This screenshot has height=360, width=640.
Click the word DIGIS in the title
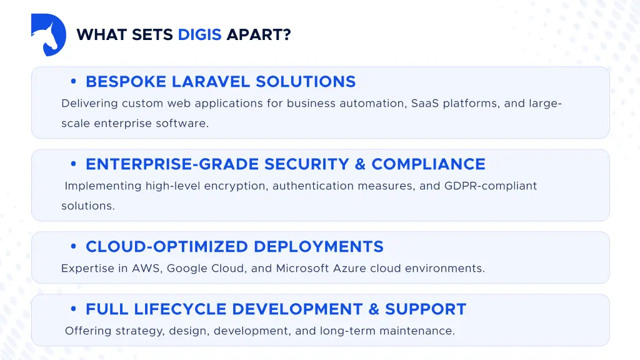(199, 35)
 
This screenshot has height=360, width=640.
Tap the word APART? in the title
(259, 35)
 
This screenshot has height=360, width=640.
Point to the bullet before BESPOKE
(74, 82)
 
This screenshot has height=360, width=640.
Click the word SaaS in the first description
(426, 104)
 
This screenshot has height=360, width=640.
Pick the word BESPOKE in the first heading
(126, 82)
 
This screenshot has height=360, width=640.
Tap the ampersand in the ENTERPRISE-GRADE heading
(360, 164)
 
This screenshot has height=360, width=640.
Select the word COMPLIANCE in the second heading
(428, 164)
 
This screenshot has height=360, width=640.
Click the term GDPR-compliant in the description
(491, 186)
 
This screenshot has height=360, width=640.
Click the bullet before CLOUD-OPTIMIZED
(74, 247)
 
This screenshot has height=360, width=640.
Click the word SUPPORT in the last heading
(426, 309)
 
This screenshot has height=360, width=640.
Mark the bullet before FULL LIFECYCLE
(74, 309)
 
